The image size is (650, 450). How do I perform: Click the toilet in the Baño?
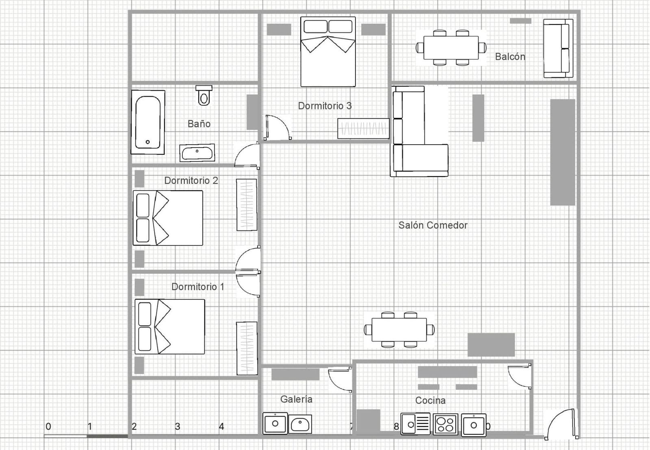(204, 96)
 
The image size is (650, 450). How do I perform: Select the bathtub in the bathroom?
(147, 122)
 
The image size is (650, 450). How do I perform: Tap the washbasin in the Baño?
(197, 153)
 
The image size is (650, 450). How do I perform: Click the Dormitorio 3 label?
(325, 106)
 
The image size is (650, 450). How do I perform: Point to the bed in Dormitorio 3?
(328, 52)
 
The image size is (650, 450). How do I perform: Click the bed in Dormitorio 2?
(168, 218)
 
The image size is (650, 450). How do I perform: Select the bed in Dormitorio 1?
(169, 326)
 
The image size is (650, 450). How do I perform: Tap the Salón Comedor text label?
(433, 225)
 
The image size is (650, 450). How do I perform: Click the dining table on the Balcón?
(451, 48)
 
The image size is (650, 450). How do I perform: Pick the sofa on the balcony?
(558, 48)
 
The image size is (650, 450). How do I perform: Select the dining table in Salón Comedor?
(399, 330)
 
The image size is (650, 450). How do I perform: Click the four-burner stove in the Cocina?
(445, 424)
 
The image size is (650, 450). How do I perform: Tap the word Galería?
(296, 399)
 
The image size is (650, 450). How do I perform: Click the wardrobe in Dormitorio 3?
(363, 128)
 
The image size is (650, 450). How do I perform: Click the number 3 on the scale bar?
(178, 427)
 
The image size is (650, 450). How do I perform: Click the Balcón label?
(510, 57)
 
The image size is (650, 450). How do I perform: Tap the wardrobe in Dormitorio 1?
(247, 348)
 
